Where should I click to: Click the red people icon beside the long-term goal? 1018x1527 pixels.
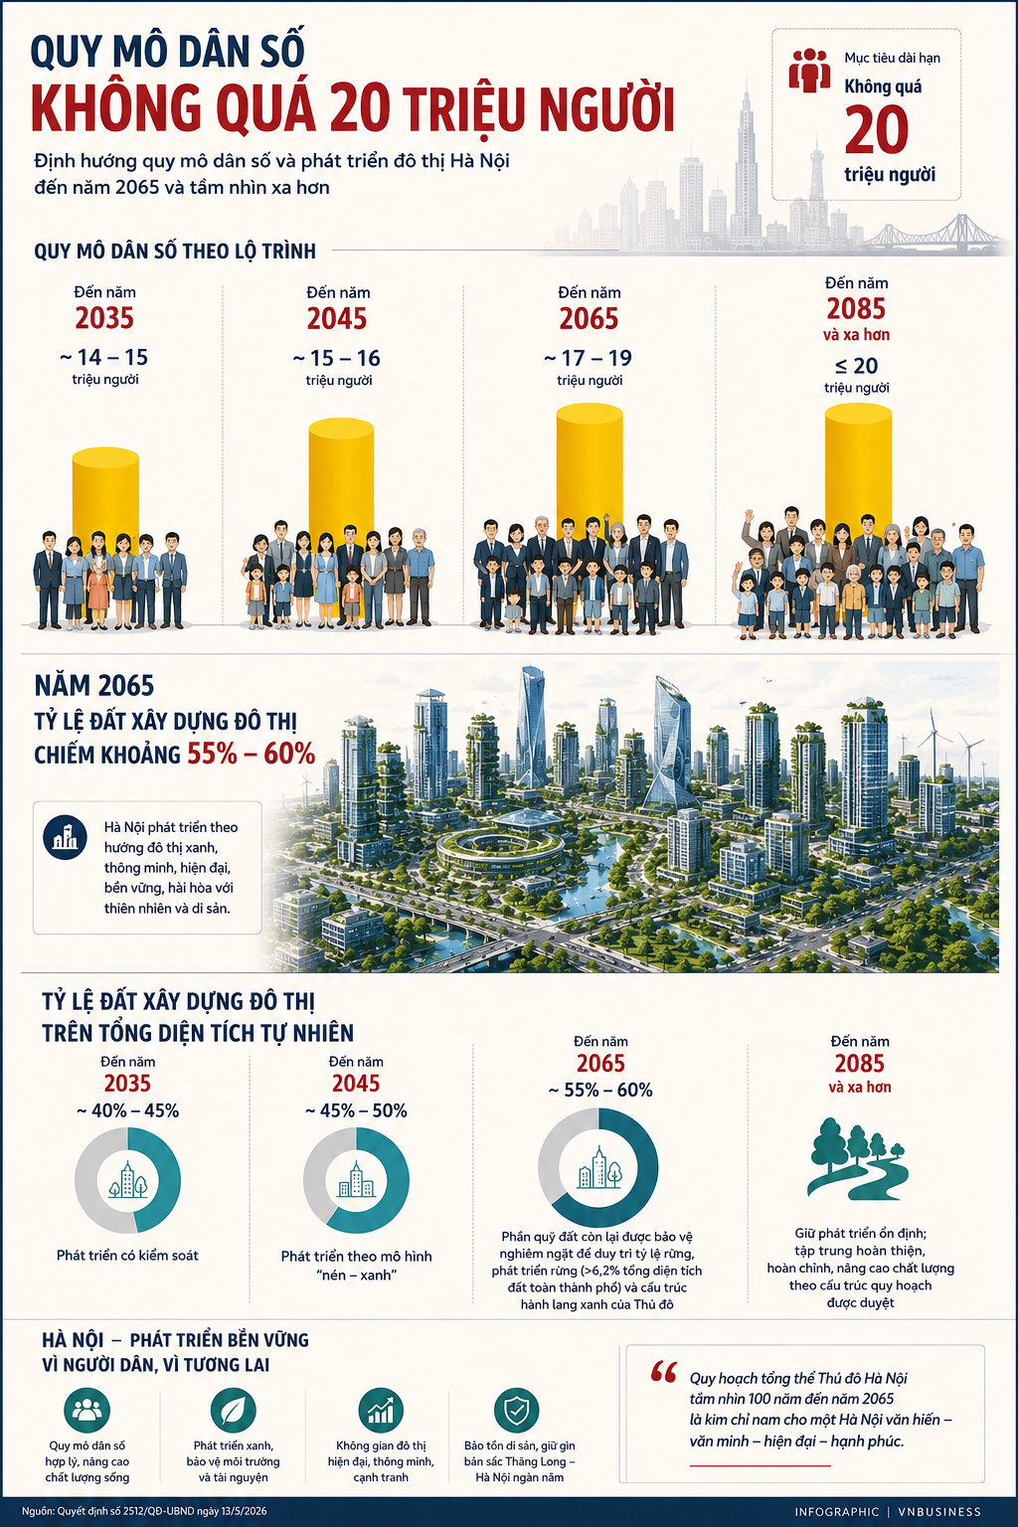tap(809, 71)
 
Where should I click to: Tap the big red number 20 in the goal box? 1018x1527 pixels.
tap(876, 130)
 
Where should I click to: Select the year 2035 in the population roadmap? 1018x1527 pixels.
tap(104, 318)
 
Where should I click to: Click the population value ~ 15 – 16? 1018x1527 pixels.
tap(337, 358)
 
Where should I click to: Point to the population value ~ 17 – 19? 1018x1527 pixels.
tap(589, 358)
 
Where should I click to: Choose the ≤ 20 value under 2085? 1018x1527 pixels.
tap(856, 366)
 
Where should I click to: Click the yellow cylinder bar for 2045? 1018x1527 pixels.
tap(341, 477)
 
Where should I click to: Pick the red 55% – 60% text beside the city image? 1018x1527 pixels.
tap(251, 754)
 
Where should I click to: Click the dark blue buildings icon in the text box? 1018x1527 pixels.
tap(65, 837)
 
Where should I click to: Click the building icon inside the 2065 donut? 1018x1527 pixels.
tap(598, 1168)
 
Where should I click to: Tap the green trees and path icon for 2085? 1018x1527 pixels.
tap(858, 1159)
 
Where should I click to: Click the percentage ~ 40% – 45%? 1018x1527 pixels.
tap(127, 1110)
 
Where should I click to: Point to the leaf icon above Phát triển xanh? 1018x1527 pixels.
tap(234, 1410)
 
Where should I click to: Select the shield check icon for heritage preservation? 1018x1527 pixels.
tap(516, 1410)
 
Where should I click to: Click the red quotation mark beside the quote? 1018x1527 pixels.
tap(663, 1373)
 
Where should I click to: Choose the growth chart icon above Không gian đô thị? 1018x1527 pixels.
tap(381, 1410)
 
